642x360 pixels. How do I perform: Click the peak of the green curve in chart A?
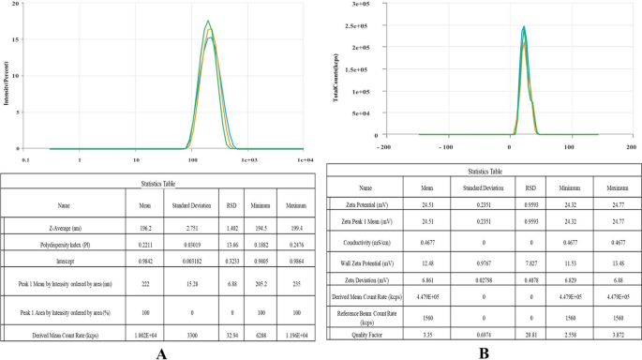[208, 22]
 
